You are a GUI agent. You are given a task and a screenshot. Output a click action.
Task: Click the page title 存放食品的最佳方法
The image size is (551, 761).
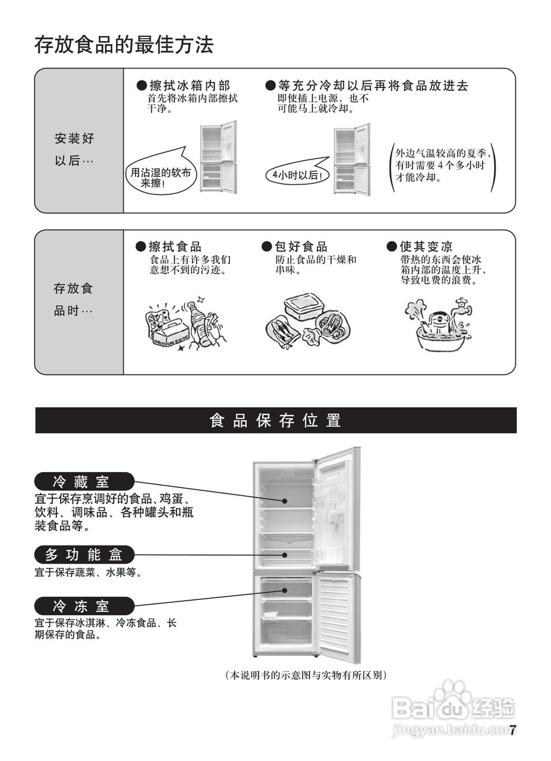click(x=124, y=45)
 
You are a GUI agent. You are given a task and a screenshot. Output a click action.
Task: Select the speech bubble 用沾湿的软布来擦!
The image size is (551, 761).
click(x=160, y=177)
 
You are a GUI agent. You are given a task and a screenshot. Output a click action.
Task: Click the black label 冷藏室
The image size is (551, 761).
click(x=84, y=481)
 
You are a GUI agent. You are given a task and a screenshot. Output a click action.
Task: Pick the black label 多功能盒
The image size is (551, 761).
click(x=84, y=555)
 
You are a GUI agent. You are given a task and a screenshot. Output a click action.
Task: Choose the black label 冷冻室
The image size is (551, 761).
click(x=84, y=606)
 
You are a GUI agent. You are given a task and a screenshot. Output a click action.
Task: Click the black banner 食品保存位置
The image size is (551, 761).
click(x=276, y=421)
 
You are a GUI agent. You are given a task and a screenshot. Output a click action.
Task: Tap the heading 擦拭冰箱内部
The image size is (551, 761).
click(x=188, y=86)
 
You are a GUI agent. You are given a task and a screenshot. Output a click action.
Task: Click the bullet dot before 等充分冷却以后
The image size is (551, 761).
click(x=270, y=86)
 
